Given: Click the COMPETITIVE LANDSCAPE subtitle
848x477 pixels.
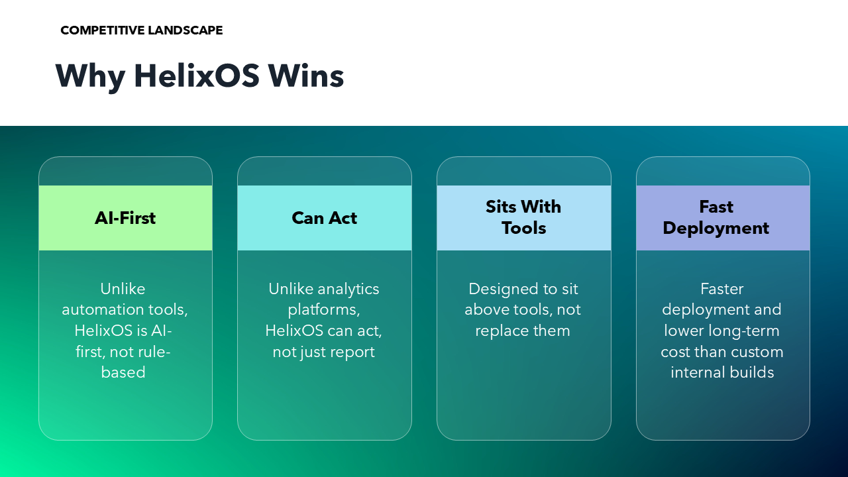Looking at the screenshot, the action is tap(142, 30).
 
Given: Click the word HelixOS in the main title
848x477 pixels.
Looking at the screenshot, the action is tap(197, 76).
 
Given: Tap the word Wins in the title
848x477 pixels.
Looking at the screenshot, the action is tap(306, 76).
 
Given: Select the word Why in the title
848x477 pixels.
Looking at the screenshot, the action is tap(91, 78).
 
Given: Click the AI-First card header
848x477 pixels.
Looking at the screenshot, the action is tap(125, 218).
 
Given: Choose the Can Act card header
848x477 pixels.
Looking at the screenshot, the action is tap(325, 218).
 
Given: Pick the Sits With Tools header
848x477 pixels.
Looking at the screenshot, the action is tap(523, 218).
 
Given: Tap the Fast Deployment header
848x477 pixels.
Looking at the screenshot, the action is tap(723, 218).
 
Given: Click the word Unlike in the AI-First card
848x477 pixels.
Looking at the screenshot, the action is tap(123, 289).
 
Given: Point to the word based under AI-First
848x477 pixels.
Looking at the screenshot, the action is tap(123, 372).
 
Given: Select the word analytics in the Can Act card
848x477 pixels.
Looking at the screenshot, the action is tap(348, 290).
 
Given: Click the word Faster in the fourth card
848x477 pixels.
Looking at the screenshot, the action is tap(722, 289).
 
